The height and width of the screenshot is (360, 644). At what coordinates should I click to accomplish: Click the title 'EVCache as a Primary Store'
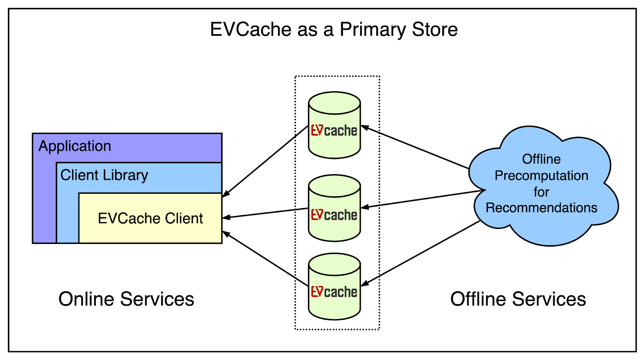(334, 29)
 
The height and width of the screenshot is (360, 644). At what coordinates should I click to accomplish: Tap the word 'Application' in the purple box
(75, 146)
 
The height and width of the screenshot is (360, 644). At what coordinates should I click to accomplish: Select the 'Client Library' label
(104, 175)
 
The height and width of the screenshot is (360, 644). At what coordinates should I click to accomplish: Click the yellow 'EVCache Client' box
(150, 218)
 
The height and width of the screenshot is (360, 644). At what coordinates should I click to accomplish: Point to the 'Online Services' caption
(126, 299)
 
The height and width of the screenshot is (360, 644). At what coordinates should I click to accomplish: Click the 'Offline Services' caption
(518, 299)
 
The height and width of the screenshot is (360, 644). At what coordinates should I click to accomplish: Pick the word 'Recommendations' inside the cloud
(541, 208)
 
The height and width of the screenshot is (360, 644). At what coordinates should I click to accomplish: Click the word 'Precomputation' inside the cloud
(541, 176)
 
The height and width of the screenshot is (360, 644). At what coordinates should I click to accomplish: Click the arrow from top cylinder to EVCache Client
(266, 161)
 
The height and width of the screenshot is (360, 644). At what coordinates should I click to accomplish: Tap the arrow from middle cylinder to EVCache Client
(266, 213)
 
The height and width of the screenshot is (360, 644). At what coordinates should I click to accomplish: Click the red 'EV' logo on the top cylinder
(317, 130)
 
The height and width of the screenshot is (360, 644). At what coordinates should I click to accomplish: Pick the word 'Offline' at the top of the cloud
(541, 159)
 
